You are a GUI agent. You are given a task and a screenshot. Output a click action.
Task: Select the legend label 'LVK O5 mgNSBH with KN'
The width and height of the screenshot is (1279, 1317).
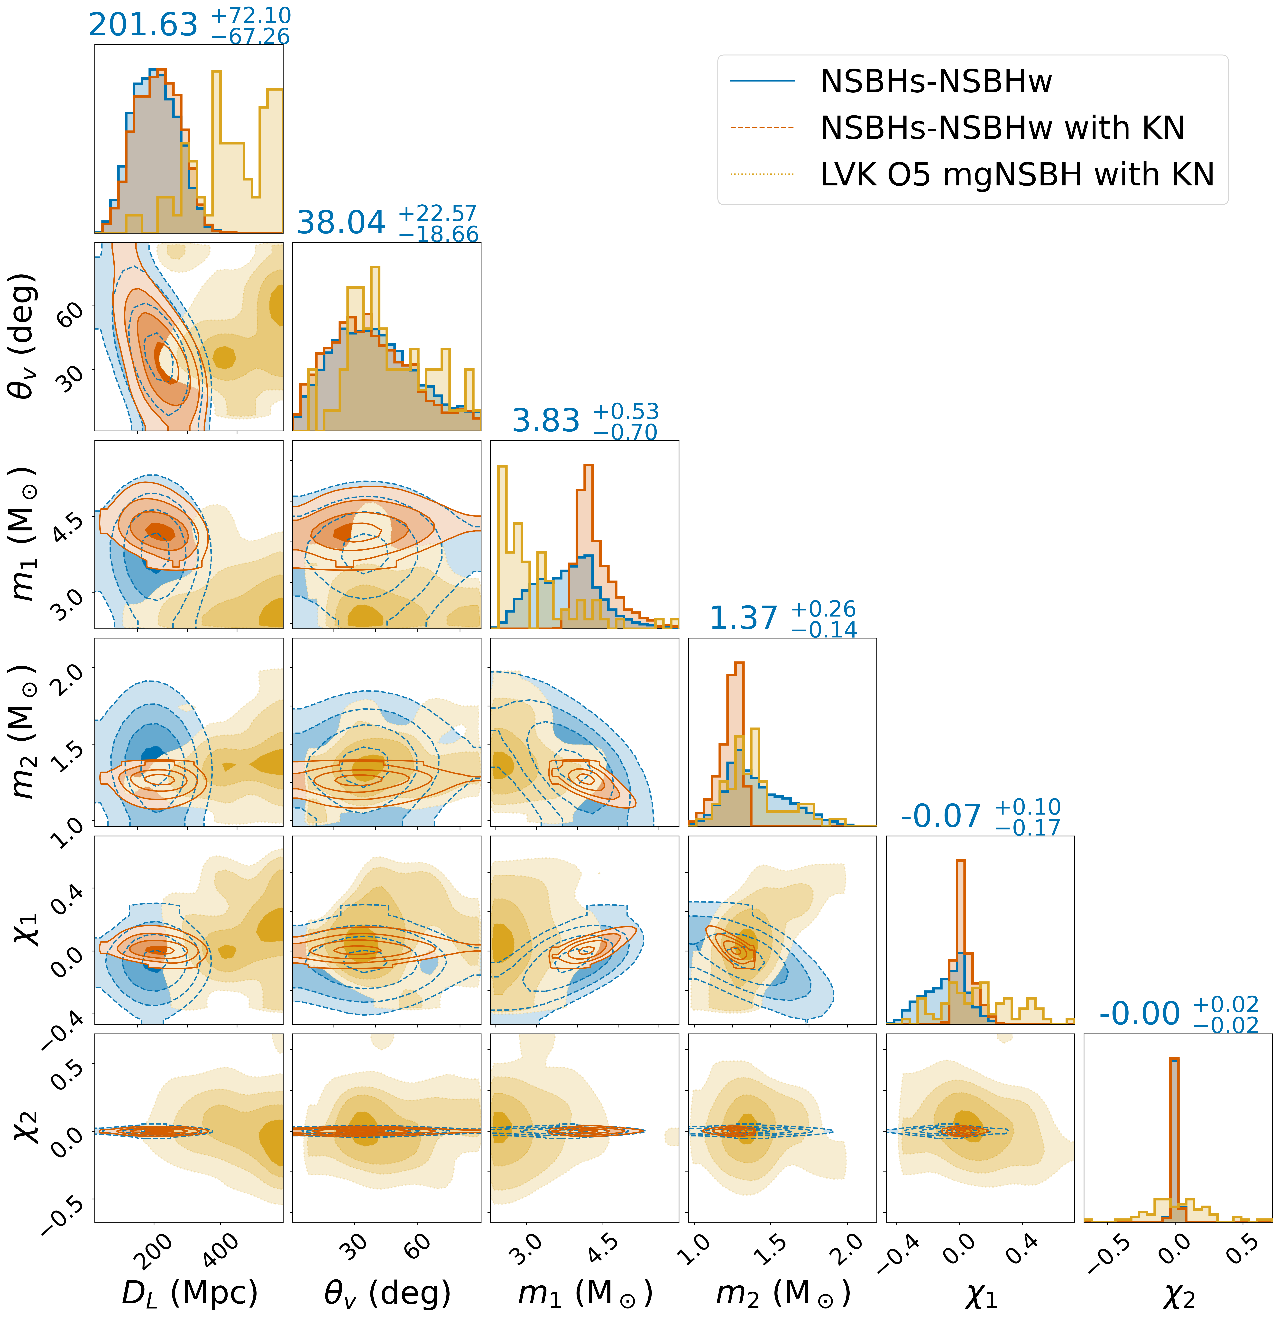click(1017, 175)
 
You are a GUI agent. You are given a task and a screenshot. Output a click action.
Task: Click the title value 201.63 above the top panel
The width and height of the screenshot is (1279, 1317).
click(143, 25)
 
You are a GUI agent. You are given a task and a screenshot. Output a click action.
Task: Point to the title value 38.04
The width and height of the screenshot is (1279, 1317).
click(341, 222)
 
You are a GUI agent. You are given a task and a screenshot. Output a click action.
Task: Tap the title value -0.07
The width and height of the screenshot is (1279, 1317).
click(941, 816)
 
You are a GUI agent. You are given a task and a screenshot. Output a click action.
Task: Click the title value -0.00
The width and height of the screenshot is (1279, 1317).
click(1139, 1013)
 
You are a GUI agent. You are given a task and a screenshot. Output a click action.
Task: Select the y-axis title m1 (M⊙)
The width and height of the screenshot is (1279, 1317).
click(26, 534)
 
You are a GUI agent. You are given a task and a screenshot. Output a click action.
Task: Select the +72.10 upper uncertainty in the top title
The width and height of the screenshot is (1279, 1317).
click(251, 15)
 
